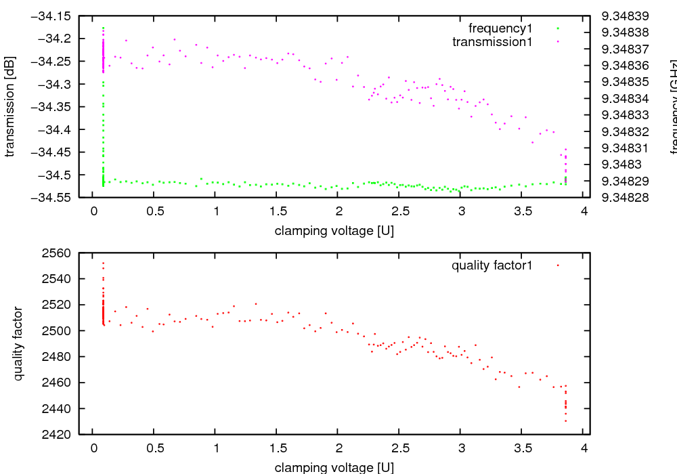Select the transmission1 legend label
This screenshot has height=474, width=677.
click(x=492, y=42)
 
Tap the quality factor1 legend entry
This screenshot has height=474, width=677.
click(x=492, y=265)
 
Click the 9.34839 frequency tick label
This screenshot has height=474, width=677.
click(x=625, y=15)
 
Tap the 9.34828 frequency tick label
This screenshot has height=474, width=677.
click(x=625, y=198)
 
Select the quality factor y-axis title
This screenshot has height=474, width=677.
click(x=19, y=343)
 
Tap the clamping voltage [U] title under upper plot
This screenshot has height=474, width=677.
click(x=334, y=230)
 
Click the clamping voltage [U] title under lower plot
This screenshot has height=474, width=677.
click(x=334, y=467)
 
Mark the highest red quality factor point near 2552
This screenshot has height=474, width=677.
click(x=103, y=263)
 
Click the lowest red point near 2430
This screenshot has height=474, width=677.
click(x=565, y=421)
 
